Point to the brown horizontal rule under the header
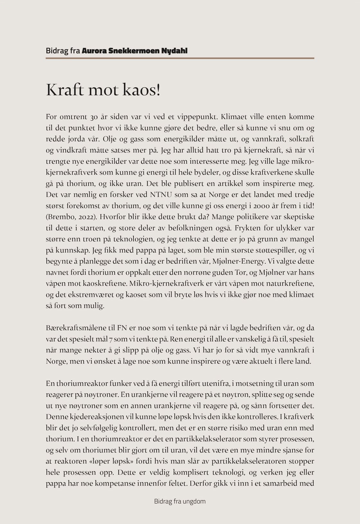coord(180,58)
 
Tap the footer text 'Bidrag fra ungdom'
coord(180,501)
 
